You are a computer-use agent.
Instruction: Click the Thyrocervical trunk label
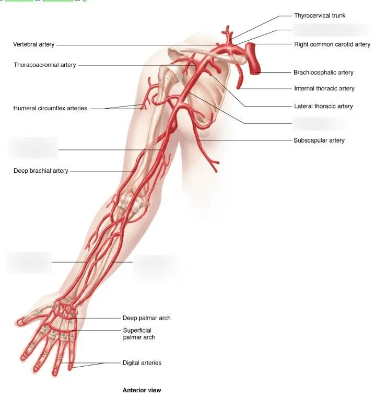[x=319, y=16]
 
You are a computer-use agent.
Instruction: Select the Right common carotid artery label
[x=332, y=44]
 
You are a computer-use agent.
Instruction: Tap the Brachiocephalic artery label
[x=323, y=73]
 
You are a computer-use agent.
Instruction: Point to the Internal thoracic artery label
[x=324, y=89]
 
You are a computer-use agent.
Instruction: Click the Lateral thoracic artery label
[x=323, y=107]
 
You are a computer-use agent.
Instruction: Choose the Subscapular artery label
[x=319, y=140]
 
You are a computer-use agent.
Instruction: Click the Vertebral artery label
[x=34, y=45]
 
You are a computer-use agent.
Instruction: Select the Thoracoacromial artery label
[x=45, y=65]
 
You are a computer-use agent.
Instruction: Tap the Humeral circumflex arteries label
[x=50, y=109]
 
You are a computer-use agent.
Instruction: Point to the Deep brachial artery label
[x=41, y=171]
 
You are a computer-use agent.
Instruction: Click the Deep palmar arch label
[x=146, y=318]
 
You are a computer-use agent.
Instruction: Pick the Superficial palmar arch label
[x=139, y=334]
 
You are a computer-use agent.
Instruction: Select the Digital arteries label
[x=142, y=363]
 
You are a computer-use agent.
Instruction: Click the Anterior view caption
[x=142, y=390]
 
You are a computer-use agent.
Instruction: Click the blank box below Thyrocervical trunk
[x=323, y=30]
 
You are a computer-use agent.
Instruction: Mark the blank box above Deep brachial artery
[x=33, y=148]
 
